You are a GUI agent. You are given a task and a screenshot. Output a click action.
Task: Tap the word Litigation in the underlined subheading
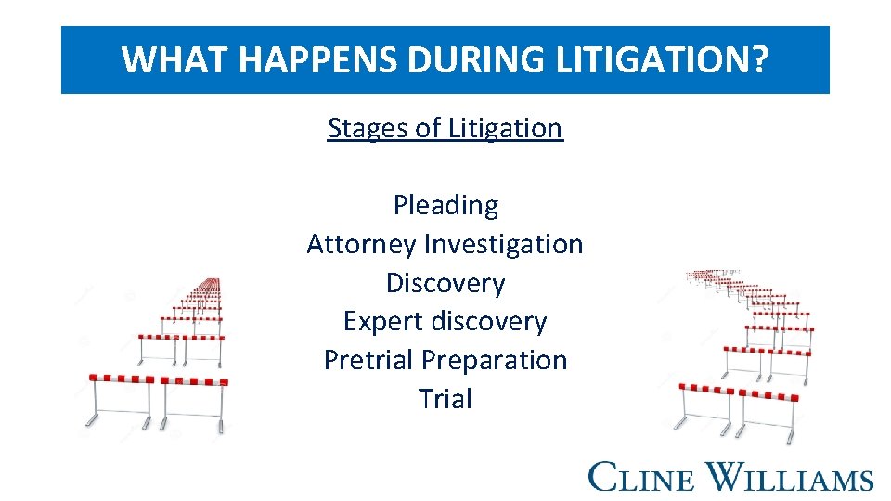tap(505, 128)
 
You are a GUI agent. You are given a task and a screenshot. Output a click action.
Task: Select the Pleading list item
tap(445, 205)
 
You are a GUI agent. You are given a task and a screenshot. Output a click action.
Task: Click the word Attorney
tap(361, 244)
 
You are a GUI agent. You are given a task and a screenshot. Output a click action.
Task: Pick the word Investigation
tap(504, 244)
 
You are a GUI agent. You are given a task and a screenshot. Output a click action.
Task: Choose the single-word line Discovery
tap(445, 283)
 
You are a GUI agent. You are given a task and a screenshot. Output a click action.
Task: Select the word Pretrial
tap(368, 360)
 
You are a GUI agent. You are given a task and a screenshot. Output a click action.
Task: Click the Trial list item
tap(445, 399)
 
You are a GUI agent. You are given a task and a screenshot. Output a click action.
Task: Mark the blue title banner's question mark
tap(760, 60)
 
